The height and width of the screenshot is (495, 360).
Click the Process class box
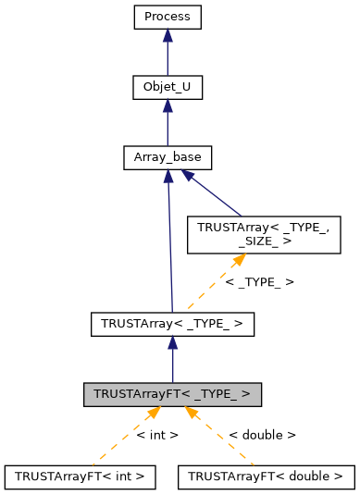click(x=167, y=17)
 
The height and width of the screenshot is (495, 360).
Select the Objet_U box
click(x=167, y=88)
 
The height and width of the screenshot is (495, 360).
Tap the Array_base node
click(x=168, y=158)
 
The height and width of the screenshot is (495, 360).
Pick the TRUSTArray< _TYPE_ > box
click(x=172, y=324)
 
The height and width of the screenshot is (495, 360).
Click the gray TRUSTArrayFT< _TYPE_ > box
click(x=172, y=394)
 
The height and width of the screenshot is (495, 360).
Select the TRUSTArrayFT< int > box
click(x=80, y=476)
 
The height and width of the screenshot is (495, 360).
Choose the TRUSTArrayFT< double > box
click(x=266, y=476)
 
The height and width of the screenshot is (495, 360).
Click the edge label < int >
click(x=157, y=434)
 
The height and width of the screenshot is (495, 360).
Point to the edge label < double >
click(x=263, y=434)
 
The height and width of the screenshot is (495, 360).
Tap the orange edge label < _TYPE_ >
click(x=260, y=280)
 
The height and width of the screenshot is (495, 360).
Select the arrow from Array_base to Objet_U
click(x=167, y=124)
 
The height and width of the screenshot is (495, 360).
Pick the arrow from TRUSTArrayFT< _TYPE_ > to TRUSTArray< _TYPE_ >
click(x=172, y=360)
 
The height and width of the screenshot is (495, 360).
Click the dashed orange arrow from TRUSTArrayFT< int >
click(x=120, y=439)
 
